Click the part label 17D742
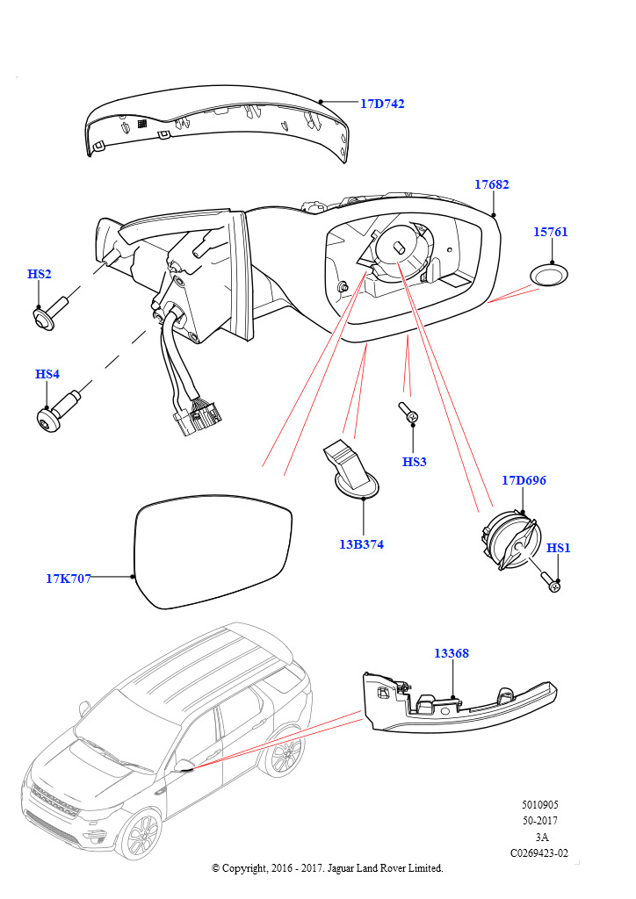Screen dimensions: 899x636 click(382, 104)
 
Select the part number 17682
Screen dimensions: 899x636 click(491, 185)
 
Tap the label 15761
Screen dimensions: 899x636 click(551, 233)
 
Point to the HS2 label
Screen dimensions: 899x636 click(40, 275)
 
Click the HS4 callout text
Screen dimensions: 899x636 click(47, 375)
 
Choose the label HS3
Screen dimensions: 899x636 click(414, 462)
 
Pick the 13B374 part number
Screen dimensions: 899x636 click(361, 544)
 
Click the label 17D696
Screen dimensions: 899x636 click(524, 481)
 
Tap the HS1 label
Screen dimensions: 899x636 click(559, 549)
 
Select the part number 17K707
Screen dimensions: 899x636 click(69, 579)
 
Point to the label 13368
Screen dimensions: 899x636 click(452, 654)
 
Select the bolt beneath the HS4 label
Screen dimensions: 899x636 click(60, 411)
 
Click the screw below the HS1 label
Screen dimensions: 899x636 click(551, 580)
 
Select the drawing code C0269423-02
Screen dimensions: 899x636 click(538, 852)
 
